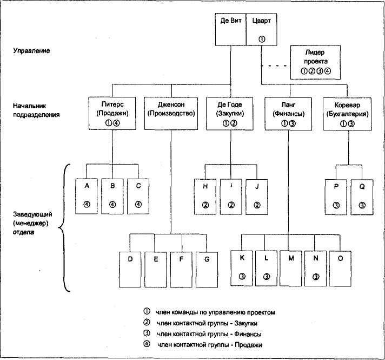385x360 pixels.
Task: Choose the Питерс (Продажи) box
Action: [x=112, y=113]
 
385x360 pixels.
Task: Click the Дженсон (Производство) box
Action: [x=170, y=113]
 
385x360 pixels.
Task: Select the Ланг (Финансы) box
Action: [x=288, y=113]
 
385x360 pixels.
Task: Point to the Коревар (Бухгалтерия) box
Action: [x=347, y=113]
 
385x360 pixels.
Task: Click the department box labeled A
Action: [x=87, y=194]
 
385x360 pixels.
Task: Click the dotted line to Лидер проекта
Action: [x=275, y=66]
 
